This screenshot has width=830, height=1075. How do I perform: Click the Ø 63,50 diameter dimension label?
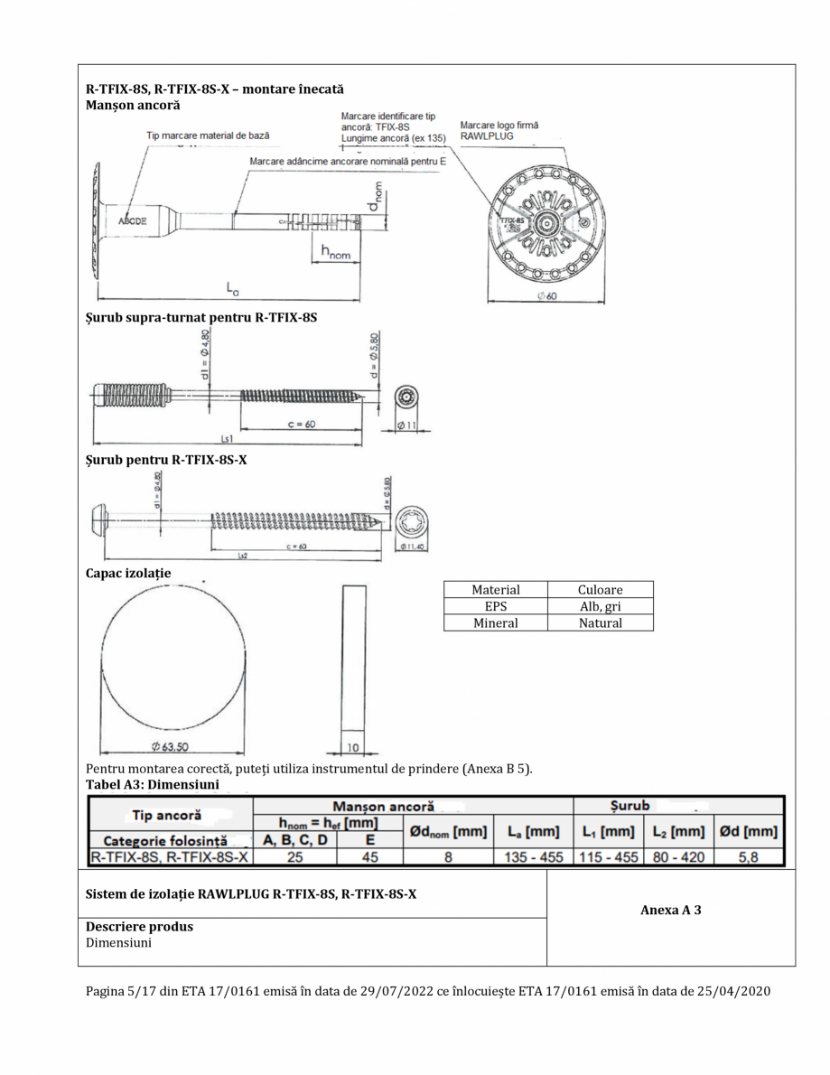[169, 746]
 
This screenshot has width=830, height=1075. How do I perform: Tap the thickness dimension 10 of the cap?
[354, 747]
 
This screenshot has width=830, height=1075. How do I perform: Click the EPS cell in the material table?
[496, 606]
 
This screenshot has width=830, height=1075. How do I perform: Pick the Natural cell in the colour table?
[600, 622]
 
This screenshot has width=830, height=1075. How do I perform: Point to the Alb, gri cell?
[600, 606]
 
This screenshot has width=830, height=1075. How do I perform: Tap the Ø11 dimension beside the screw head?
[406, 425]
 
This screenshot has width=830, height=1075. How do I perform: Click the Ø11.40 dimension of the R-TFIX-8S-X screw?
[412, 546]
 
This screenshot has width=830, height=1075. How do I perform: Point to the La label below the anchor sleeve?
[233, 288]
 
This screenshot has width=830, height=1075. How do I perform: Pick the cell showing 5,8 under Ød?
[749, 855]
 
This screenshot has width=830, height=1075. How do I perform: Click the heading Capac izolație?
[128, 573]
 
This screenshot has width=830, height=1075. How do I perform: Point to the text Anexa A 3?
[671, 910]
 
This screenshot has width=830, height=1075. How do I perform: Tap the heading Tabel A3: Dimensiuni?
[152, 784]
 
